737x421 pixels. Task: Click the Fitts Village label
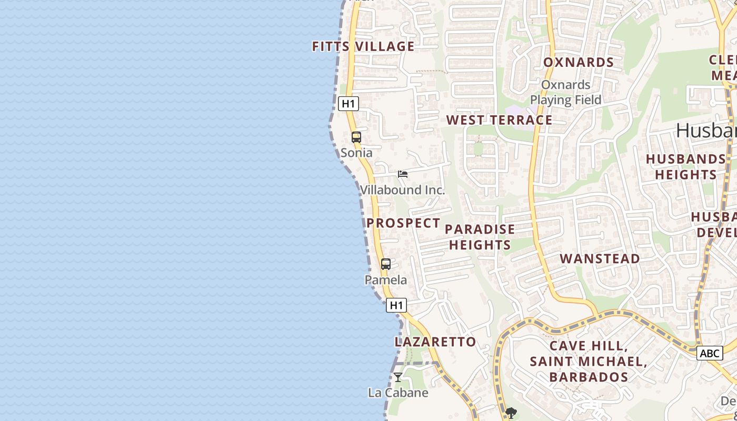(x=363, y=46)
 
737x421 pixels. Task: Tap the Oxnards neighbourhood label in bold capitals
(x=579, y=62)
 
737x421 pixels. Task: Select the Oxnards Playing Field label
(x=565, y=92)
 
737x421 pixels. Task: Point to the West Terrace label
(x=499, y=120)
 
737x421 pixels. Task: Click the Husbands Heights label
(x=685, y=166)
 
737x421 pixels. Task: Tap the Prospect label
(x=403, y=223)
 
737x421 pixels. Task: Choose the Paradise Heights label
(x=480, y=237)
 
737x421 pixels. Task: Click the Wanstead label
(x=600, y=258)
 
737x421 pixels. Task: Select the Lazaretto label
(x=435, y=342)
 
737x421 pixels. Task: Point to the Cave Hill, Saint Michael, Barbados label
(x=589, y=362)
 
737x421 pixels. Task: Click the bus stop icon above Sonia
(x=356, y=137)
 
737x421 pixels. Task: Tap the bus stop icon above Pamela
(x=386, y=264)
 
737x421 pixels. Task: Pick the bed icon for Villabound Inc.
(x=403, y=174)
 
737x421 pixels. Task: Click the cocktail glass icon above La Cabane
(x=398, y=377)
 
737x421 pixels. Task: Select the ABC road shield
(x=709, y=353)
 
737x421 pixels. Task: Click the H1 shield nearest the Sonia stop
(x=348, y=104)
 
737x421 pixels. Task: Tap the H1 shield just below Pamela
(x=396, y=305)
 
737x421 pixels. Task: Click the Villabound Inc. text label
(x=403, y=190)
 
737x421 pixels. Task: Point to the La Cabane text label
(x=398, y=393)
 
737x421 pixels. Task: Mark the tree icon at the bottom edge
(x=510, y=414)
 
